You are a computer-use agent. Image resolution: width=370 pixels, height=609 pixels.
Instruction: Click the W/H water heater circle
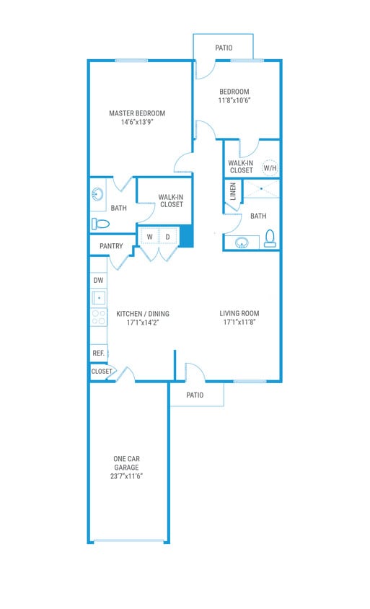270,167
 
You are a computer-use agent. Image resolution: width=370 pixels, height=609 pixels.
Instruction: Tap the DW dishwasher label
99,280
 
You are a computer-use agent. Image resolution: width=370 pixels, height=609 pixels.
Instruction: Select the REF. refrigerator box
99,353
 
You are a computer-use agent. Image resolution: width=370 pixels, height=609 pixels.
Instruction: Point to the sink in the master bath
97,194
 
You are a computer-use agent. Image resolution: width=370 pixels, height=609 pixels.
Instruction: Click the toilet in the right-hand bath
270,238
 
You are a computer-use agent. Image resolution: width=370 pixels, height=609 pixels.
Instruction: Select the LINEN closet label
233,191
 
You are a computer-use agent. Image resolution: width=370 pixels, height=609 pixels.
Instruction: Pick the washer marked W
150,237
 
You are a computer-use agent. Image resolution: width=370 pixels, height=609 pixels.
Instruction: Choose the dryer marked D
168,237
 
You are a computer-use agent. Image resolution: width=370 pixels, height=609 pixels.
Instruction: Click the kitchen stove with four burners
99,316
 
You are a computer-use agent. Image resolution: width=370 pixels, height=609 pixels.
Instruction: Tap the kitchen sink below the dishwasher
99,297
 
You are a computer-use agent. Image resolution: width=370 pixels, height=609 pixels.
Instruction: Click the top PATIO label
224,48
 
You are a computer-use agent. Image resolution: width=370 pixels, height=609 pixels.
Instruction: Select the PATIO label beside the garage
195,395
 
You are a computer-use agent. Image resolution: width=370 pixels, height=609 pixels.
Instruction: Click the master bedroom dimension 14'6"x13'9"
137,122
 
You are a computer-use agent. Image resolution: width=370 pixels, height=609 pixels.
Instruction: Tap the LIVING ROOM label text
239,313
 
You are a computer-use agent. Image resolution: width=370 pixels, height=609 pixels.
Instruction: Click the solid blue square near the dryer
186,237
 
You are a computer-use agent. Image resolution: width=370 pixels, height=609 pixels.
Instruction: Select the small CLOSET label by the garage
102,371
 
